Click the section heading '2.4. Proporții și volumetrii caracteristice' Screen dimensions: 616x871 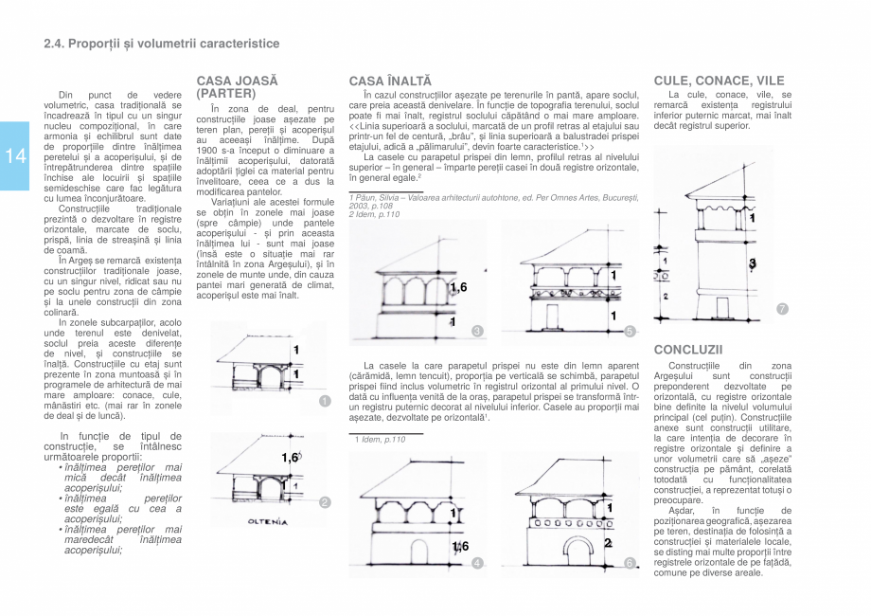pos(162,44)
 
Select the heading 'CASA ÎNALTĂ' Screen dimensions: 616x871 pos(389,82)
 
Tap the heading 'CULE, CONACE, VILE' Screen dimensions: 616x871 pos(719,81)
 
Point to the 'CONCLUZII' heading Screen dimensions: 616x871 pos(687,350)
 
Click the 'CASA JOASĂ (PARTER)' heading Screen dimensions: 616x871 pos(237,87)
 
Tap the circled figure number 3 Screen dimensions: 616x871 pos(477,331)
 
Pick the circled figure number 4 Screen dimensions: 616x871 pos(477,563)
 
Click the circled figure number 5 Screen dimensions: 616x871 pos(630,331)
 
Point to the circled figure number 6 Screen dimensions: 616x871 pos(630,563)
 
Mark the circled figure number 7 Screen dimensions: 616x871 pos(782,309)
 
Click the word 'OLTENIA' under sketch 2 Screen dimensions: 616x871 pos(267,522)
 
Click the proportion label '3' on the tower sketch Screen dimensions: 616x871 pos(752,263)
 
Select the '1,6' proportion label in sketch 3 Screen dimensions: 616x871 pos(458,287)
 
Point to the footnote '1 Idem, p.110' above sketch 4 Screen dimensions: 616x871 pos(380,439)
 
